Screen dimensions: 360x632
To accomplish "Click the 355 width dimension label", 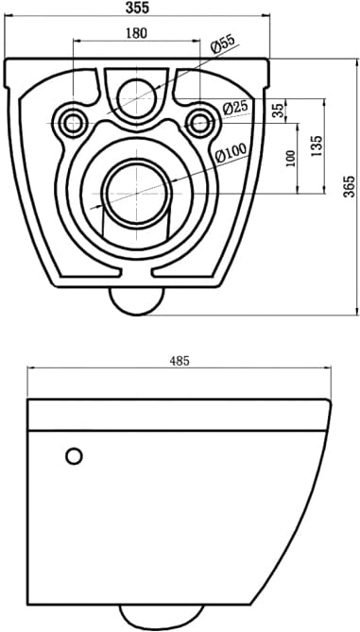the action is (137, 8).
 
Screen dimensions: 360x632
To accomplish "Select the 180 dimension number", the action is (137, 33).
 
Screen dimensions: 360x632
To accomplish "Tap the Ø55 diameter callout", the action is (222, 44).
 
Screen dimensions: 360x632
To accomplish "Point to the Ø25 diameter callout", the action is (235, 107).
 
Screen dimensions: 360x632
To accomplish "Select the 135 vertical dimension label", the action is (317, 145).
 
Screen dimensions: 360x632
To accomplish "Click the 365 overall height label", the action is (349, 186).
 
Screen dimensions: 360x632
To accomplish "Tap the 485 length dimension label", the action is (180, 361).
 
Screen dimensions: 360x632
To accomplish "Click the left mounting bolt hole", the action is (73, 122).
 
